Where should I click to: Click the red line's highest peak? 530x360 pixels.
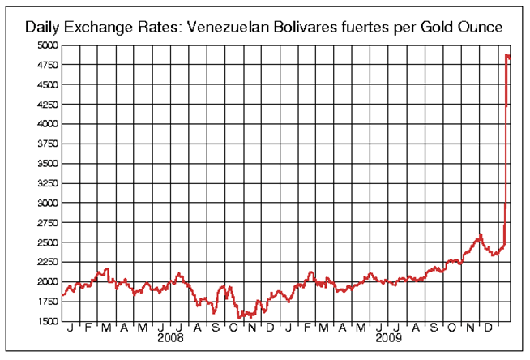point(506,55)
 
